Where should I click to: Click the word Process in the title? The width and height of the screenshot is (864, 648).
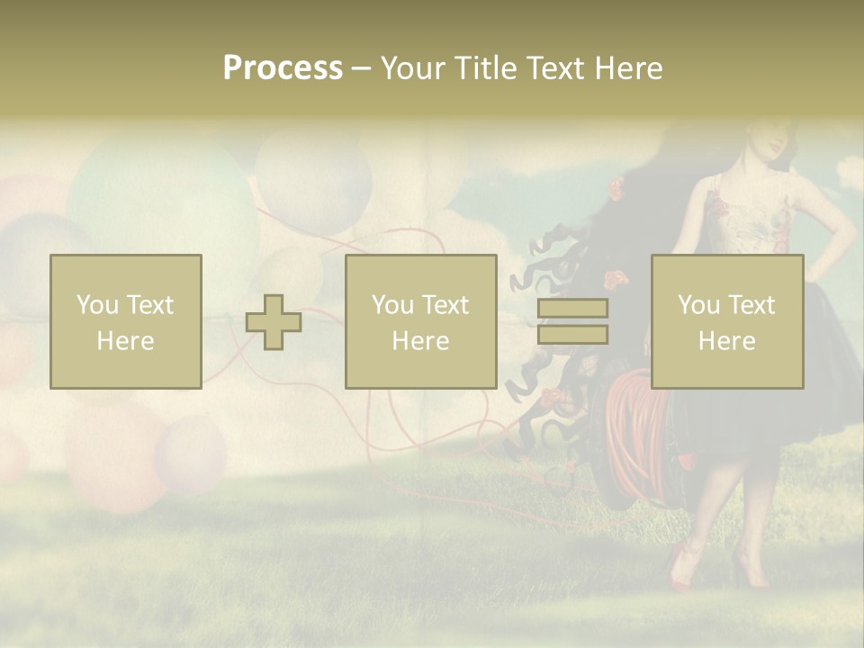tap(283, 68)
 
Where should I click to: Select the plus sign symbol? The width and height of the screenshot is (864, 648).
tap(274, 321)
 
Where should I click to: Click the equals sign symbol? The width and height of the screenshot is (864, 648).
tap(572, 321)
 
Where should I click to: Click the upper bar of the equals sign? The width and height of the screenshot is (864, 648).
tap(572, 309)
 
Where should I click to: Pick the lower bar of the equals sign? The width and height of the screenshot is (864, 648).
tap(572, 335)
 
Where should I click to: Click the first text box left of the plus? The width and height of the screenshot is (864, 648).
tap(125, 321)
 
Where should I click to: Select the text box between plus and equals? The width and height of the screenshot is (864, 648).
tap(420, 321)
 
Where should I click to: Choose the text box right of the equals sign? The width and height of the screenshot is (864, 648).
tap(727, 321)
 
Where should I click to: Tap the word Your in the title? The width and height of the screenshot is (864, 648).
tap(413, 68)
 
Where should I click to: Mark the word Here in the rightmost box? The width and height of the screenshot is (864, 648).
tap(727, 341)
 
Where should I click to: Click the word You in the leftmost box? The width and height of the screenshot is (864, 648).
tap(96, 305)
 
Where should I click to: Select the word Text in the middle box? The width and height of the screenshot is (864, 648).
tap(445, 305)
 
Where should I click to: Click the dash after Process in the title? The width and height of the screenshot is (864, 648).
tap(361, 68)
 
